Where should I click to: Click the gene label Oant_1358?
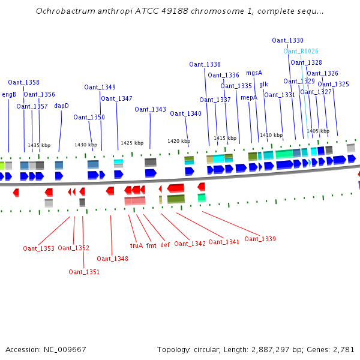point(23,82)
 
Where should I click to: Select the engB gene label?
point(9,94)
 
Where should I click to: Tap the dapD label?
point(62,106)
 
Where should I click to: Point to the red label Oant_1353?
point(38,248)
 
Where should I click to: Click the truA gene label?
point(136,245)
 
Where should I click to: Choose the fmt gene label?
point(151,245)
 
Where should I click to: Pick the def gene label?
point(165,245)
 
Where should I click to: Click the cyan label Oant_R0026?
point(301,52)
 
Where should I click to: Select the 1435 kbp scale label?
point(39,145)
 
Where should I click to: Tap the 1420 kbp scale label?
point(179,141)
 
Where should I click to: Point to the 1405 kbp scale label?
point(318,130)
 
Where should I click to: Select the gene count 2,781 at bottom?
point(343,349)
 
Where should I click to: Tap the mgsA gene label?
point(254,73)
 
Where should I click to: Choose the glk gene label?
point(264,84)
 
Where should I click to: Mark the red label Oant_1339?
point(260,239)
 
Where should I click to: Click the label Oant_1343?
point(150,109)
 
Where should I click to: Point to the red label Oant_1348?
point(112,259)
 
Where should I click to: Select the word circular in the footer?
point(210,349)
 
